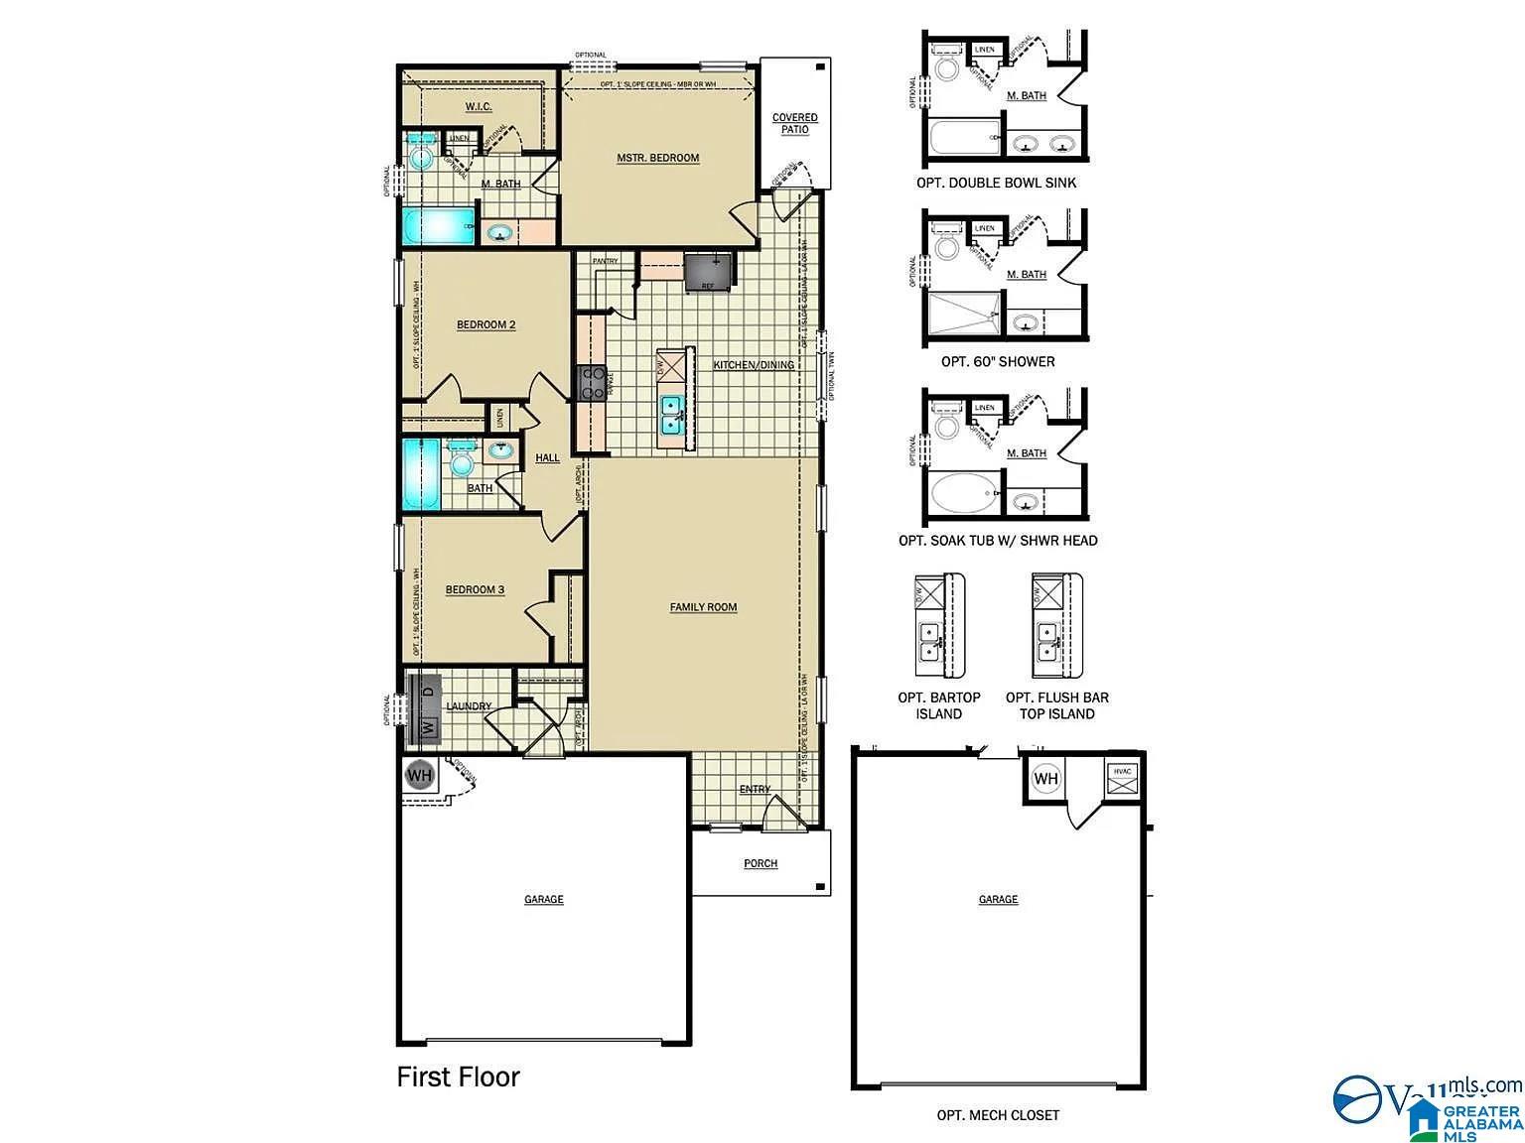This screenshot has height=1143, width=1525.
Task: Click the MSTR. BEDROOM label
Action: click(657, 158)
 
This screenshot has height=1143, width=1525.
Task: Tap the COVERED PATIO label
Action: click(794, 124)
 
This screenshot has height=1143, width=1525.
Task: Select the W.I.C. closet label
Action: click(479, 107)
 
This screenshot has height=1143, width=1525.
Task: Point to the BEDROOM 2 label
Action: click(485, 324)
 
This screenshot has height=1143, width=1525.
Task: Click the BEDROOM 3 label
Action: click(475, 590)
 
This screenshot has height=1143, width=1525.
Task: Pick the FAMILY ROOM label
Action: click(703, 607)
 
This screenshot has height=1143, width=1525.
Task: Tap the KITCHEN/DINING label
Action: click(754, 365)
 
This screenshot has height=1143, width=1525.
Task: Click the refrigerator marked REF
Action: click(709, 271)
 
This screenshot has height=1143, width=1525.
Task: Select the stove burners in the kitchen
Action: click(593, 383)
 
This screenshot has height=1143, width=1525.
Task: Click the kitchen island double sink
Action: click(672, 415)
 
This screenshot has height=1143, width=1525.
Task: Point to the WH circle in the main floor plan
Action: click(420, 774)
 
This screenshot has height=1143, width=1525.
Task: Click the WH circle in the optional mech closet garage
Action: click(1046, 779)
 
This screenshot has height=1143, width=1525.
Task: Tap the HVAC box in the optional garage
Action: click(1123, 779)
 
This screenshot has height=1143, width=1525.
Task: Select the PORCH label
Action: click(761, 864)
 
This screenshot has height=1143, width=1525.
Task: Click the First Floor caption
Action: click(458, 1077)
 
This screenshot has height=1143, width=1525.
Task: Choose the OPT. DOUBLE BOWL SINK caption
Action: click(996, 183)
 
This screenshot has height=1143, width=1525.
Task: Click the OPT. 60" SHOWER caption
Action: click(998, 362)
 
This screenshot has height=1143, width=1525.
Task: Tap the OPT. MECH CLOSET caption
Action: click(998, 1115)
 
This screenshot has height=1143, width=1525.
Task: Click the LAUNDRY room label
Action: click(469, 706)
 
